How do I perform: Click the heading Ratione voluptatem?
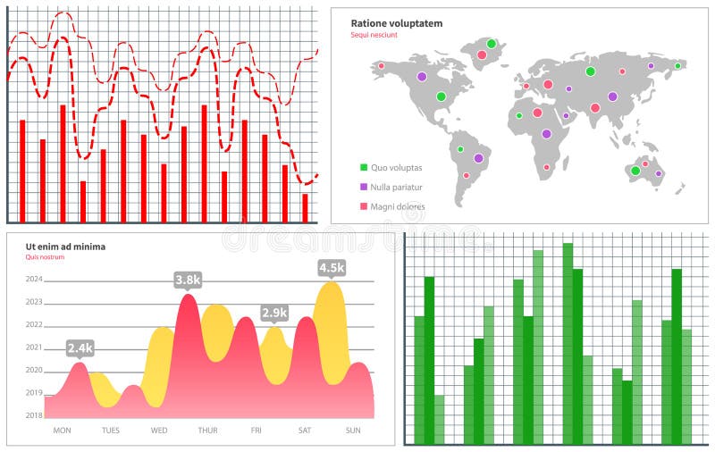click(396, 23)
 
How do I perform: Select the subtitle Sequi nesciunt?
click(374, 35)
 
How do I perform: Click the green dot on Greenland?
click(491, 43)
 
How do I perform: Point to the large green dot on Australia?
click(635, 171)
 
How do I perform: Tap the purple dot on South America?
click(478, 158)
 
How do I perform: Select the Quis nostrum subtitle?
click(46, 257)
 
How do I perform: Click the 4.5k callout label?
click(332, 267)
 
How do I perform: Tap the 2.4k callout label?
click(80, 347)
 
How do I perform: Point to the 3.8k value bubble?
click(188, 280)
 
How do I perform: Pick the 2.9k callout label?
click(274, 313)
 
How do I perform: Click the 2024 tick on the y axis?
click(34, 279)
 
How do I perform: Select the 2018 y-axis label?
click(34, 415)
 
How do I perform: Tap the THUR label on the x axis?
click(207, 431)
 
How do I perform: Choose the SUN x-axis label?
click(353, 431)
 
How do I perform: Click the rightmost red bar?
click(305, 208)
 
